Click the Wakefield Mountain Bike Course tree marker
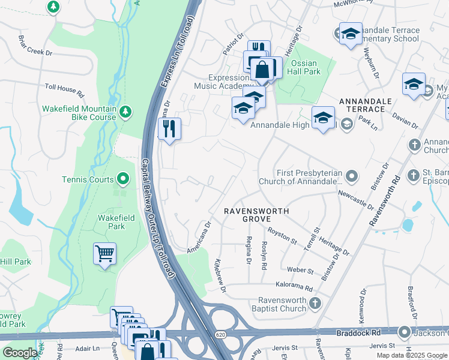point(125,112)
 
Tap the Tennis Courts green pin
point(123,178)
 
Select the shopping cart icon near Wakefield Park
point(104,254)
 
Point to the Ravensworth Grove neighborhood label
point(257,215)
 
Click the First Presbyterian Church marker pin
point(352,176)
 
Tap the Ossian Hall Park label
point(306,67)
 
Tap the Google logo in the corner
point(19,353)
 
